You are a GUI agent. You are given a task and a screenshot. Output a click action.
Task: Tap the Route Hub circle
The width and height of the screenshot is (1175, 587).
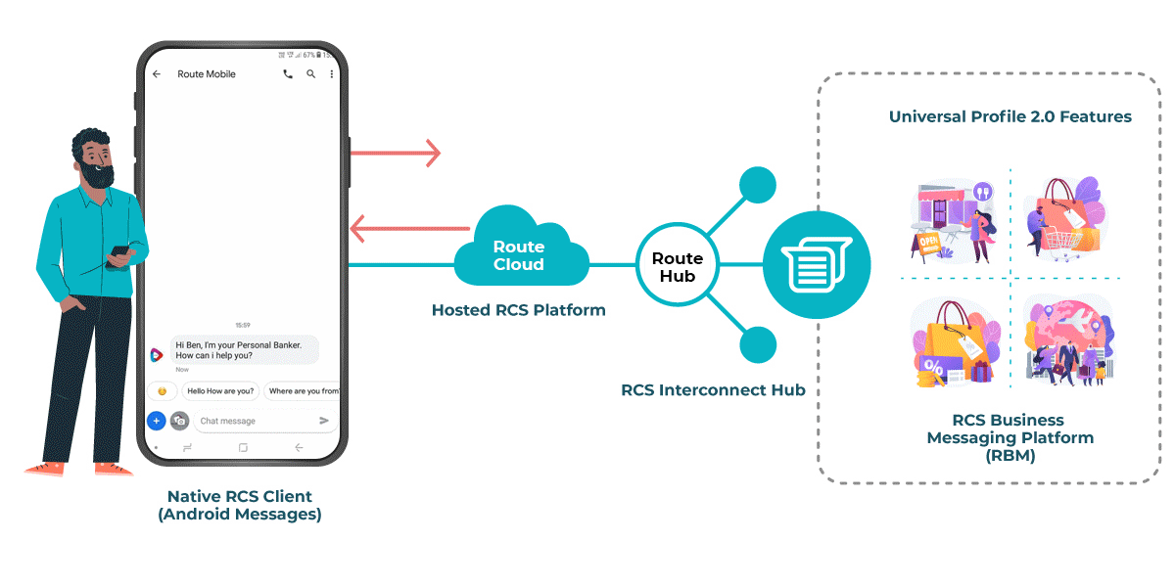(678, 266)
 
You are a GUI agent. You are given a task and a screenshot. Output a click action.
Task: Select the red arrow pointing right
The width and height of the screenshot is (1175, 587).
(396, 153)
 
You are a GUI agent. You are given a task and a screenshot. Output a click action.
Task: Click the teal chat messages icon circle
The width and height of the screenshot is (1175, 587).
(816, 264)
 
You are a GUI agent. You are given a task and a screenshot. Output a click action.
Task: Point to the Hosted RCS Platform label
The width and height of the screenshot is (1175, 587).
(518, 310)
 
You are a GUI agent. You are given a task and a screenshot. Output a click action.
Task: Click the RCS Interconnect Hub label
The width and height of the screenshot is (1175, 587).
(713, 390)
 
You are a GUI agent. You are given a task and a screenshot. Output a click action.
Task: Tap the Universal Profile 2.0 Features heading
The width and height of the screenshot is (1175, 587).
(1010, 116)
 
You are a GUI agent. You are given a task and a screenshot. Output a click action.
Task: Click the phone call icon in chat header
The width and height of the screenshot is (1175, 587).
(287, 74)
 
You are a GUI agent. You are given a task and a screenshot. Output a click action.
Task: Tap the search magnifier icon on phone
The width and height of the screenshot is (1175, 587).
(311, 74)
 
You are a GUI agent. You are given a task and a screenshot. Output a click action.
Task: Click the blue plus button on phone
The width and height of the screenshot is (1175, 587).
(156, 421)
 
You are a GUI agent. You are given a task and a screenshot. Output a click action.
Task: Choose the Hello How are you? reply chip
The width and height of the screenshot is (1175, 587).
(220, 391)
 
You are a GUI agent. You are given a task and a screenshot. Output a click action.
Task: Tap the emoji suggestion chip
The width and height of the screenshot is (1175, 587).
(162, 391)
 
